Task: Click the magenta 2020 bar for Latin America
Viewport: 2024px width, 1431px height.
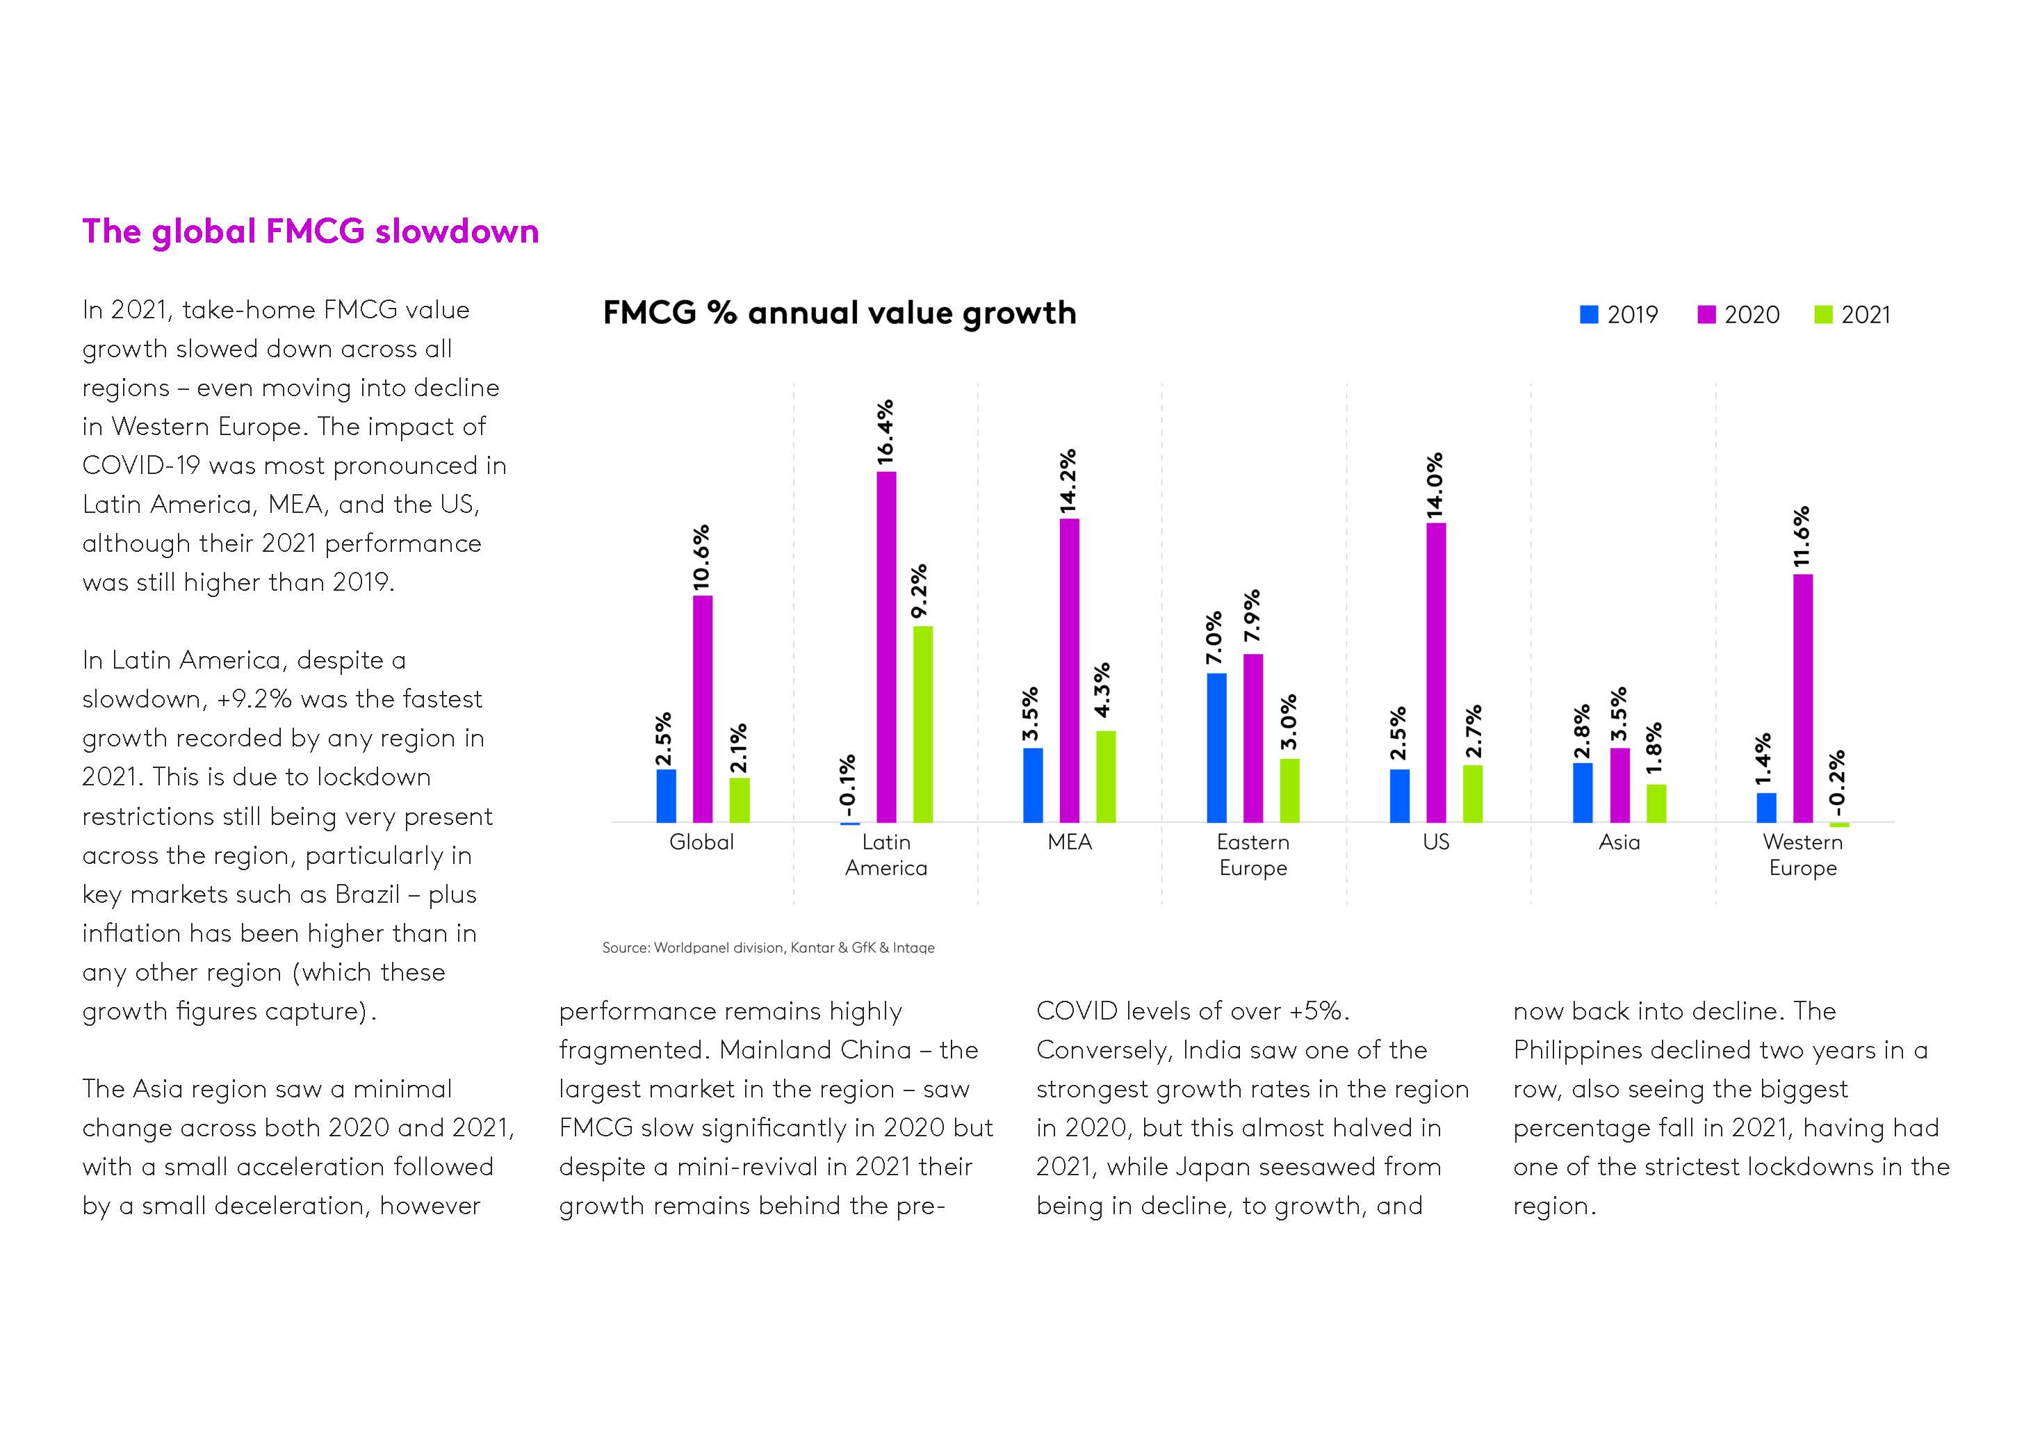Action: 886,647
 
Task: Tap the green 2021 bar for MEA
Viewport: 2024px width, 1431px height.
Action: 1105,777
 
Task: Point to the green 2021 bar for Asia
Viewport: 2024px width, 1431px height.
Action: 1656,803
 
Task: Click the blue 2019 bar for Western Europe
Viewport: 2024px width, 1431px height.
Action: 1767,808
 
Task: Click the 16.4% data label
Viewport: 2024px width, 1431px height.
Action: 885,432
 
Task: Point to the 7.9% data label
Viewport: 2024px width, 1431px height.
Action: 1252,616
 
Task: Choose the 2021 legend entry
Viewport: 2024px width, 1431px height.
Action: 1853,315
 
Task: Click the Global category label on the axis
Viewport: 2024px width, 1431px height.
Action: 702,842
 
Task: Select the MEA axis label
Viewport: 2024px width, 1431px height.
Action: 1069,842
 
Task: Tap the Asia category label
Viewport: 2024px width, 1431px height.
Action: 1619,842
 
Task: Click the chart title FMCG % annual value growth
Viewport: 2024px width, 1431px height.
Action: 839,313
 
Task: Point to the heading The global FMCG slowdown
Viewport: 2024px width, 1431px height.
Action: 310,231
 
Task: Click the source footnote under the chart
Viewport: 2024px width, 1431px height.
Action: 768,948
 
